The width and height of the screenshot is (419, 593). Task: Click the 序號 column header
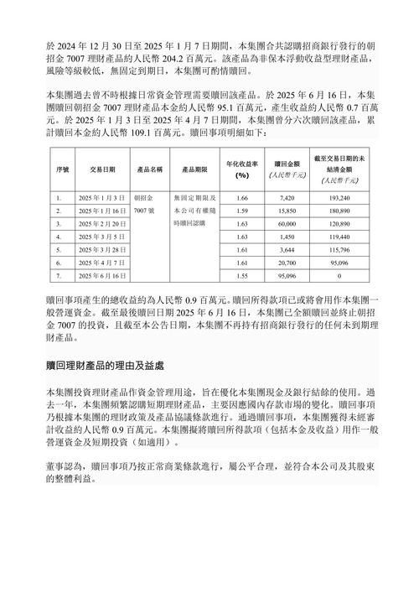tap(61, 169)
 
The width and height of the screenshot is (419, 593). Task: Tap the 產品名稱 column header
tap(152, 169)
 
